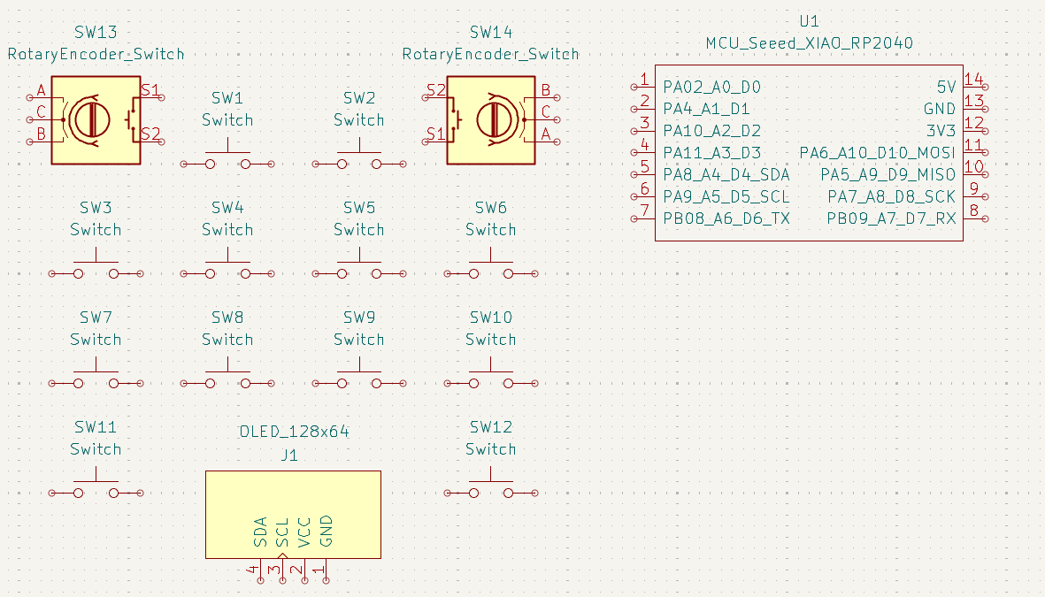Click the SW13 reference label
[x=96, y=33]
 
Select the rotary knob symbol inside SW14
[x=496, y=119]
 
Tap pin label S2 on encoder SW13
[x=150, y=134]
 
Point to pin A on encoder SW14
[x=546, y=134]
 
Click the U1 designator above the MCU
[x=809, y=21]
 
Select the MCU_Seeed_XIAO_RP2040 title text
[x=809, y=43]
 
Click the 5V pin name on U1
[x=946, y=87]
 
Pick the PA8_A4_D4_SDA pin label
[x=726, y=174]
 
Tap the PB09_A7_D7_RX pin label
[x=891, y=218]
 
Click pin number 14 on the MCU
[x=973, y=79]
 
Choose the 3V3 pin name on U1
[x=941, y=131]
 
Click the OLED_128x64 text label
[x=294, y=432]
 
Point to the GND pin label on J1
[x=327, y=531]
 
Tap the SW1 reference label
[x=227, y=98]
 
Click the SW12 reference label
[x=490, y=427]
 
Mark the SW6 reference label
[x=490, y=208]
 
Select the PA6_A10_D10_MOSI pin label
[x=877, y=153]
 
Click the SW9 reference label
[x=358, y=318]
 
